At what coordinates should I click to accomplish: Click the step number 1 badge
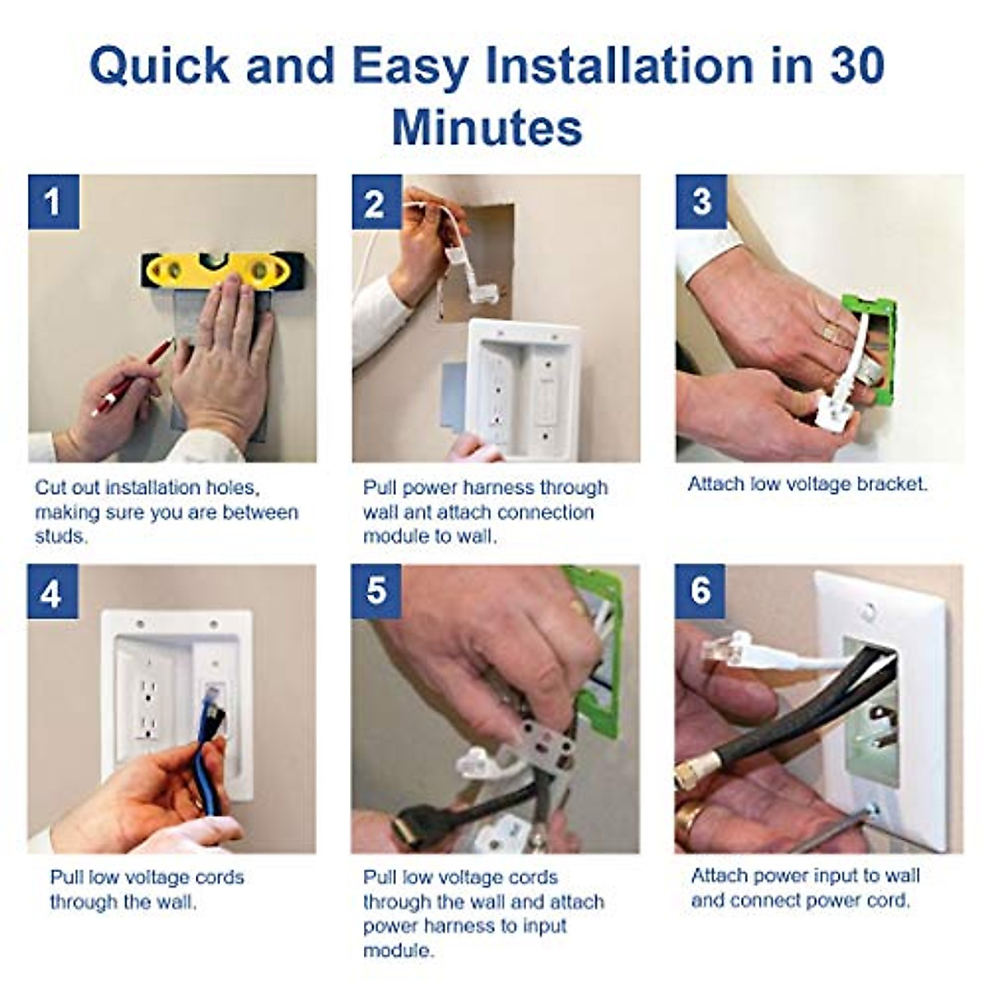pos(54,202)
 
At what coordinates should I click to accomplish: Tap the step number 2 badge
pos(376,202)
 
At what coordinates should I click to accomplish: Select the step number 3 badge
pos(701,202)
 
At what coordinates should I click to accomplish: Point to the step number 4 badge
pos(52,591)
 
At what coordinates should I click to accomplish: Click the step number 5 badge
pos(376,591)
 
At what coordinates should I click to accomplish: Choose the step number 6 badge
pos(700,591)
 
